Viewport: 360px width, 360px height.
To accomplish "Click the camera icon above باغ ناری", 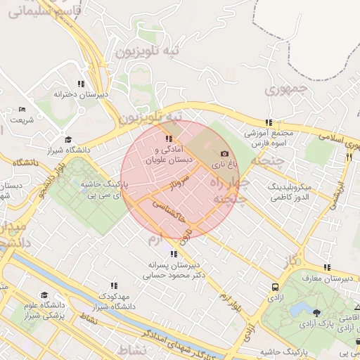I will (225, 153).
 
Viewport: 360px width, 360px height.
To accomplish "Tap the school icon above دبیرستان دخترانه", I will (82, 83).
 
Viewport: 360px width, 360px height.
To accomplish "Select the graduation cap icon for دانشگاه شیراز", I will (67, 139).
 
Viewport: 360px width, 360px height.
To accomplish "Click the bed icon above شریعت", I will (22, 109).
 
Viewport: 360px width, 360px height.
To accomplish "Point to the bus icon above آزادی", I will (274, 287).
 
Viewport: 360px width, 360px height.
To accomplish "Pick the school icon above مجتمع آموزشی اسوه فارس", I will (268, 122).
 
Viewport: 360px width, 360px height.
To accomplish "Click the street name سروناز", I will (180, 187).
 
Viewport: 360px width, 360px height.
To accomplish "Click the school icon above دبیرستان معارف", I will (327, 267).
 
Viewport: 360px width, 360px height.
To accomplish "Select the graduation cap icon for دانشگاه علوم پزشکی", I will (44, 295).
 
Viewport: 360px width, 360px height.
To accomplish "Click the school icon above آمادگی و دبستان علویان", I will (167, 139).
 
